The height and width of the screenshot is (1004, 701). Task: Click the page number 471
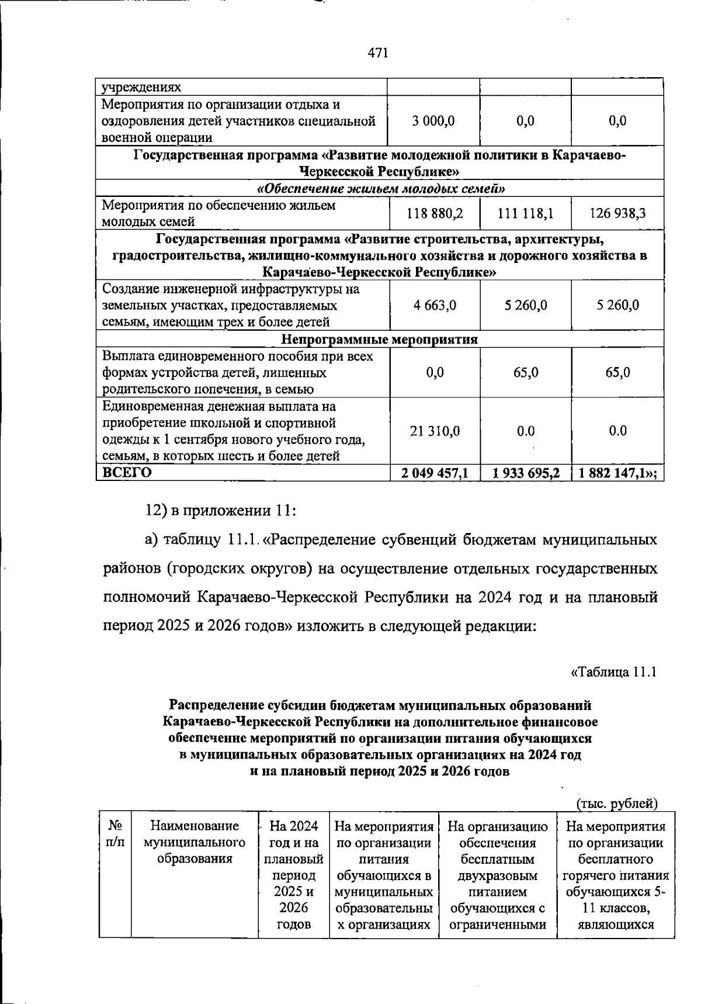[x=378, y=53]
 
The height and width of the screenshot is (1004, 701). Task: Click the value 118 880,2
[x=435, y=214]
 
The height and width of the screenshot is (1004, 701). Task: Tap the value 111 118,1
[x=525, y=214]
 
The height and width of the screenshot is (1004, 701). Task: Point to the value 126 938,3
[x=617, y=214]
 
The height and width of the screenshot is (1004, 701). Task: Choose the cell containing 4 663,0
[x=435, y=305]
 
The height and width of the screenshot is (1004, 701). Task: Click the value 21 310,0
[x=435, y=431]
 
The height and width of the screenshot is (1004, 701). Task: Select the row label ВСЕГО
[x=127, y=473]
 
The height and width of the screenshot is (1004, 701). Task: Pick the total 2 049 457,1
[x=435, y=473]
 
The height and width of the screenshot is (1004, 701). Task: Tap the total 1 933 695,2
[x=526, y=473]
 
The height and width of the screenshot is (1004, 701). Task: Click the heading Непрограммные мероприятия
[x=380, y=339]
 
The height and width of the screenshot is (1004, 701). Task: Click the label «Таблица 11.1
[x=614, y=672]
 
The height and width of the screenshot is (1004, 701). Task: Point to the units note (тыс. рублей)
[x=617, y=804]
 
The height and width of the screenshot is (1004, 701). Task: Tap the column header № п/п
[x=115, y=834]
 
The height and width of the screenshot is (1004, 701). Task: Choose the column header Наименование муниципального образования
[x=195, y=842]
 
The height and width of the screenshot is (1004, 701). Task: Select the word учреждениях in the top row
[x=141, y=88]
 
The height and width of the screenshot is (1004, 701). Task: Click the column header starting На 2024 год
[x=294, y=875]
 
